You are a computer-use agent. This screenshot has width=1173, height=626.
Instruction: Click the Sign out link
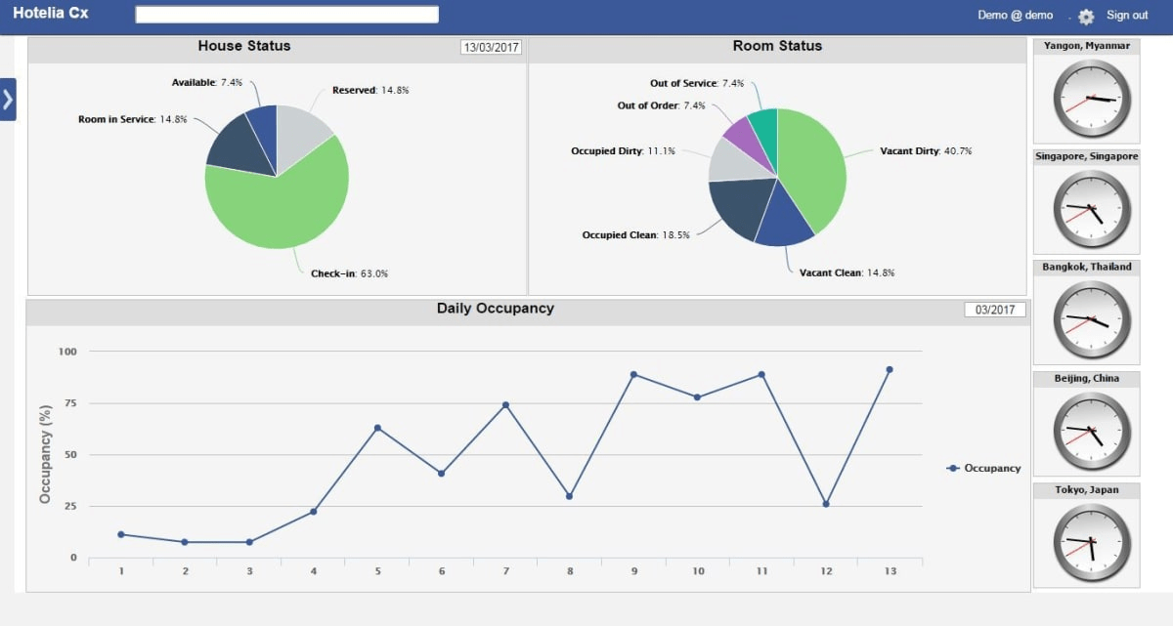point(1126,15)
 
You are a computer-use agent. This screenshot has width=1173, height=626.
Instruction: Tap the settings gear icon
point(1086,17)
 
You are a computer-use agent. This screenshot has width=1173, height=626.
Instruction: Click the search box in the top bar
point(286,15)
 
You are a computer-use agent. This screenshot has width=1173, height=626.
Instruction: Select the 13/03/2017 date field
point(492,47)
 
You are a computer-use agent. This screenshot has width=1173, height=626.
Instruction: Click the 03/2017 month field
point(996,310)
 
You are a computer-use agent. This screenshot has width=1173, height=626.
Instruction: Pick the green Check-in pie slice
point(283,210)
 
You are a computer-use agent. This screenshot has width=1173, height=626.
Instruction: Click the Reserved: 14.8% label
point(370,90)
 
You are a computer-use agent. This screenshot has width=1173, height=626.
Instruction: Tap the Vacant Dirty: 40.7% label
point(925,151)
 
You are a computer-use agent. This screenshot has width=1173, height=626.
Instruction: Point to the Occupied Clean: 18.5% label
point(635,235)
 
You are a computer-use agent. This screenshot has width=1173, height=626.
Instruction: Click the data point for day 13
point(889,369)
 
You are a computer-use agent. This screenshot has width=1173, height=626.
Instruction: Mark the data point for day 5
point(377,428)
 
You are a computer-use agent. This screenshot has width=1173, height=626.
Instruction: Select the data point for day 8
point(569,496)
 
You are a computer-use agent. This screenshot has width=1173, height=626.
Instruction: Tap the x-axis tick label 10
point(698,571)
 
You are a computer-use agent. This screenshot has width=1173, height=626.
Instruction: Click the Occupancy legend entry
point(984,468)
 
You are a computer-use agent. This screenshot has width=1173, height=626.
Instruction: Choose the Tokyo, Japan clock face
point(1091,542)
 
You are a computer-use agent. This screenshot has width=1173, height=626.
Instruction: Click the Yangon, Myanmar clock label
point(1086,46)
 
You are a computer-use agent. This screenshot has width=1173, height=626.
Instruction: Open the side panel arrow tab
point(8,100)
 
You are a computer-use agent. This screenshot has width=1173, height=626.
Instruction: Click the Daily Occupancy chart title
point(495,309)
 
